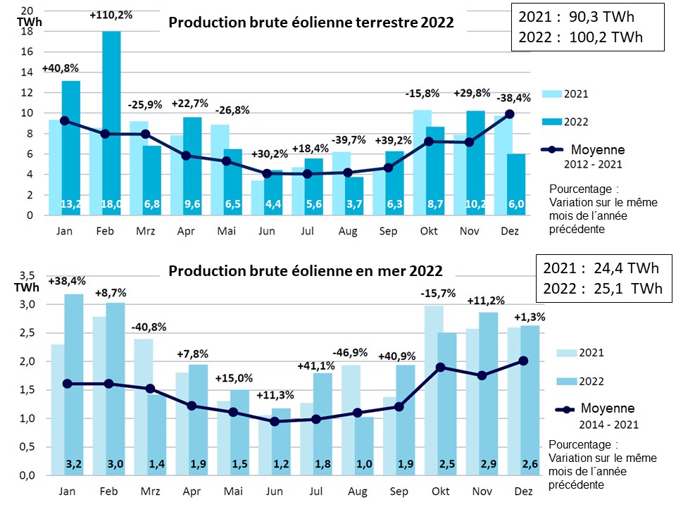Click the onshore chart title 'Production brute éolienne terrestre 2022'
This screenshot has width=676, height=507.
311,23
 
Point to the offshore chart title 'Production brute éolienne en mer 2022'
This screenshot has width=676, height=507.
305,271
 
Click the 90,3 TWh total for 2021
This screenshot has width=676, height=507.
588,17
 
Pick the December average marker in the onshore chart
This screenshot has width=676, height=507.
509,113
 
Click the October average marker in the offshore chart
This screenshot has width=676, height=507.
440,367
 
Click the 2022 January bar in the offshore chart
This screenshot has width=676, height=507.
73,380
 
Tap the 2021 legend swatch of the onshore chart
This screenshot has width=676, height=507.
551,93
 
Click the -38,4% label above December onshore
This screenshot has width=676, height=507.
509,99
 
